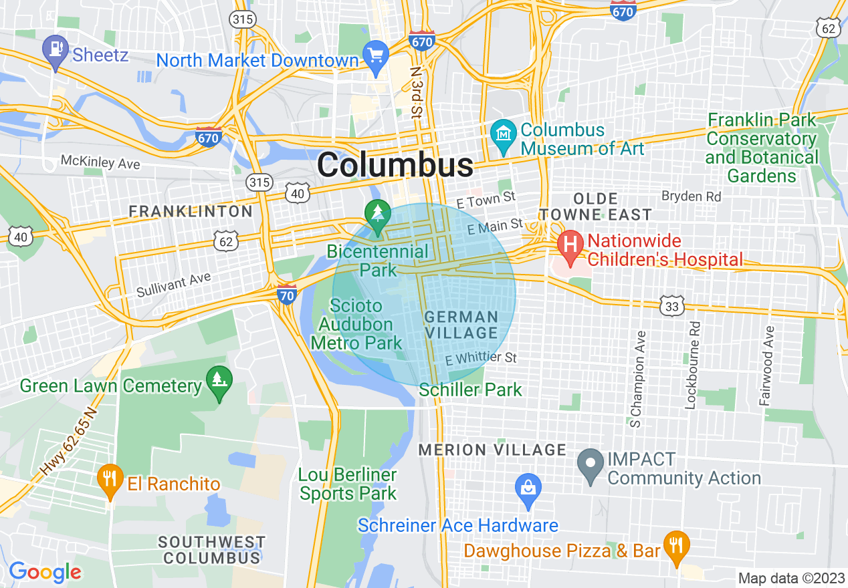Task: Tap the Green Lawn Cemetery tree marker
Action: pyautogui.click(x=219, y=381)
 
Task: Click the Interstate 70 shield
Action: pyautogui.click(x=286, y=294)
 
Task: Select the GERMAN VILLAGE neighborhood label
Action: pyautogui.click(x=461, y=325)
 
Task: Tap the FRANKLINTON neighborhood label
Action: pyautogui.click(x=191, y=212)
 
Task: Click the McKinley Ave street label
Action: pyautogui.click(x=100, y=162)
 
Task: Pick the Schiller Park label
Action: pyautogui.click(x=470, y=390)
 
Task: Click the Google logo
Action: pyautogui.click(x=45, y=572)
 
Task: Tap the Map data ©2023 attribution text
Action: pyautogui.click(x=790, y=578)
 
